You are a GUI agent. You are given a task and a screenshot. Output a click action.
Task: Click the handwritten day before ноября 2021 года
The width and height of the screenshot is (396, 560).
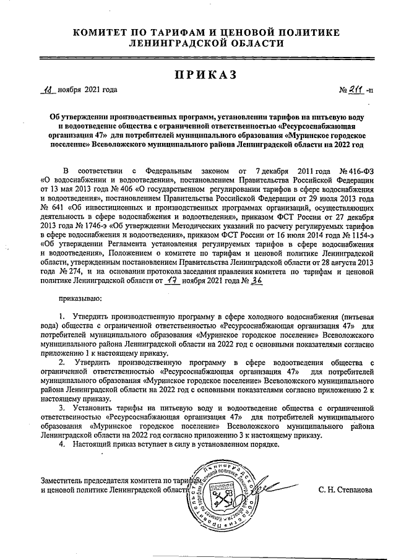47,90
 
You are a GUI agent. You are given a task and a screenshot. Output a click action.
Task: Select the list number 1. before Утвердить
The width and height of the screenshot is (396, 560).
62,317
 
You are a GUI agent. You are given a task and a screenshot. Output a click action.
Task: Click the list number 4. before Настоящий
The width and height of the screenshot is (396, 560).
62,445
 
